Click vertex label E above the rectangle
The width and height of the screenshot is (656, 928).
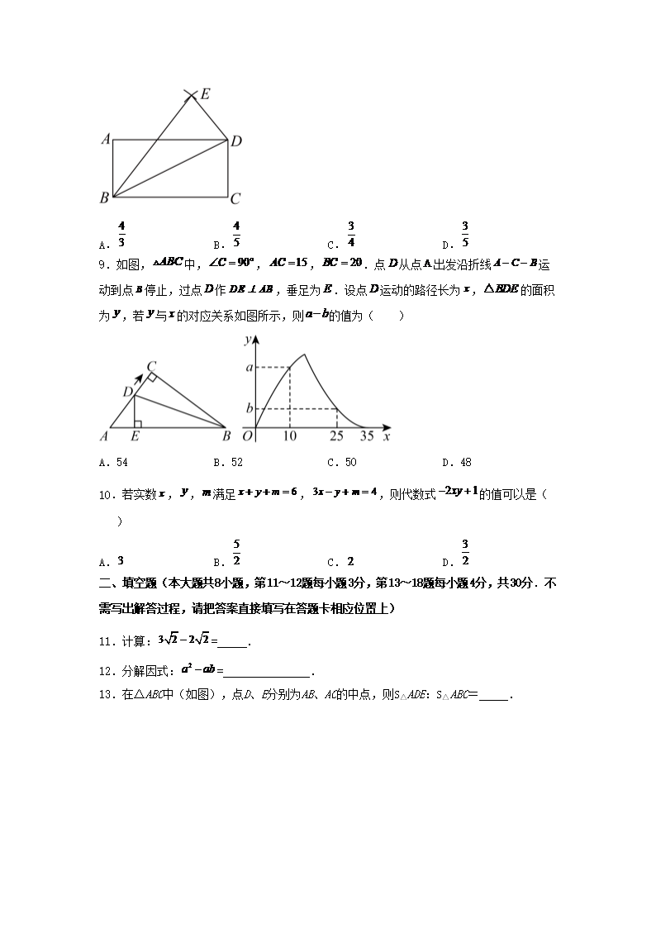(205, 94)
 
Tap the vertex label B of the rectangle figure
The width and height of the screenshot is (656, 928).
(104, 197)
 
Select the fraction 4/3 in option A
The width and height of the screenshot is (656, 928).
(121, 234)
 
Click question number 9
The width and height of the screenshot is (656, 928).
(103, 264)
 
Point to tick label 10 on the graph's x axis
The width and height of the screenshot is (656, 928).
(289, 435)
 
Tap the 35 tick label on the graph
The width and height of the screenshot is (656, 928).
(366, 435)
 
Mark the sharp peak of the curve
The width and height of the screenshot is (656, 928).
(306, 355)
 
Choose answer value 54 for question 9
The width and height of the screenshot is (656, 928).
(121, 463)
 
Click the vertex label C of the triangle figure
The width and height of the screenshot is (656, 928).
(152, 366)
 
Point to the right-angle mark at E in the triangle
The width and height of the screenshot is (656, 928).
(137, 424)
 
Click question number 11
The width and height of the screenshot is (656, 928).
(105, 640)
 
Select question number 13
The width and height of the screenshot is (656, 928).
(105, 695)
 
